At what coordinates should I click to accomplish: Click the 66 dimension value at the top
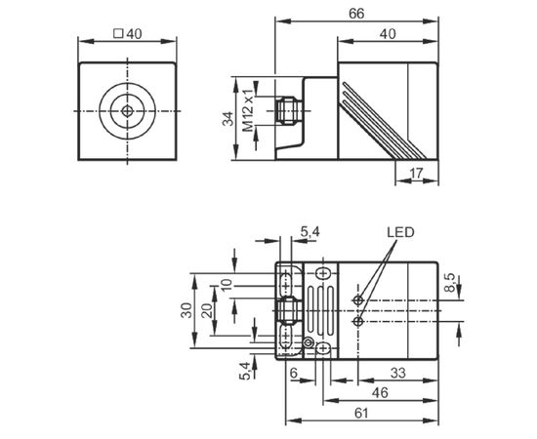(x=356, y=14)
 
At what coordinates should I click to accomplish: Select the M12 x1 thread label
(x=248, y=110)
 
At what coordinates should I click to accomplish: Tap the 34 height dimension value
(x=227, y=119)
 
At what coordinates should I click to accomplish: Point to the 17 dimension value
(x=417, y=174)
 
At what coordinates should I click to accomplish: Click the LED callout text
(x=400, y=232)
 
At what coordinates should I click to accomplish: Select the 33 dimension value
(x=398, y=373)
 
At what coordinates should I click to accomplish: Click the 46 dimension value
(x=380, y=393)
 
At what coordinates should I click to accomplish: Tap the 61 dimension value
(x=361, y=413)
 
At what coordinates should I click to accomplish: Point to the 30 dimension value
(x=186, y=310)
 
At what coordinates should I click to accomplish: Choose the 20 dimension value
(x=207, y=310)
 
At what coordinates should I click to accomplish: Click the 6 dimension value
(x=294, y=373)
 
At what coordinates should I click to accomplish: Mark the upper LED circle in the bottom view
(x=358, y=300)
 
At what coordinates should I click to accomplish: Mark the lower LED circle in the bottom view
(x=358, y=321)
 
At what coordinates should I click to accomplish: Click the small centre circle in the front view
(x=127, y=111)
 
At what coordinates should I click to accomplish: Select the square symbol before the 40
(x=118, y=33)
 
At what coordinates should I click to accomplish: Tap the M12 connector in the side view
(x=289, y=111)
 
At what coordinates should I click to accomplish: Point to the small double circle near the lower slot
(x=308, y=342)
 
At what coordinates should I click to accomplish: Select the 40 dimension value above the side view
(x=388, y=34)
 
